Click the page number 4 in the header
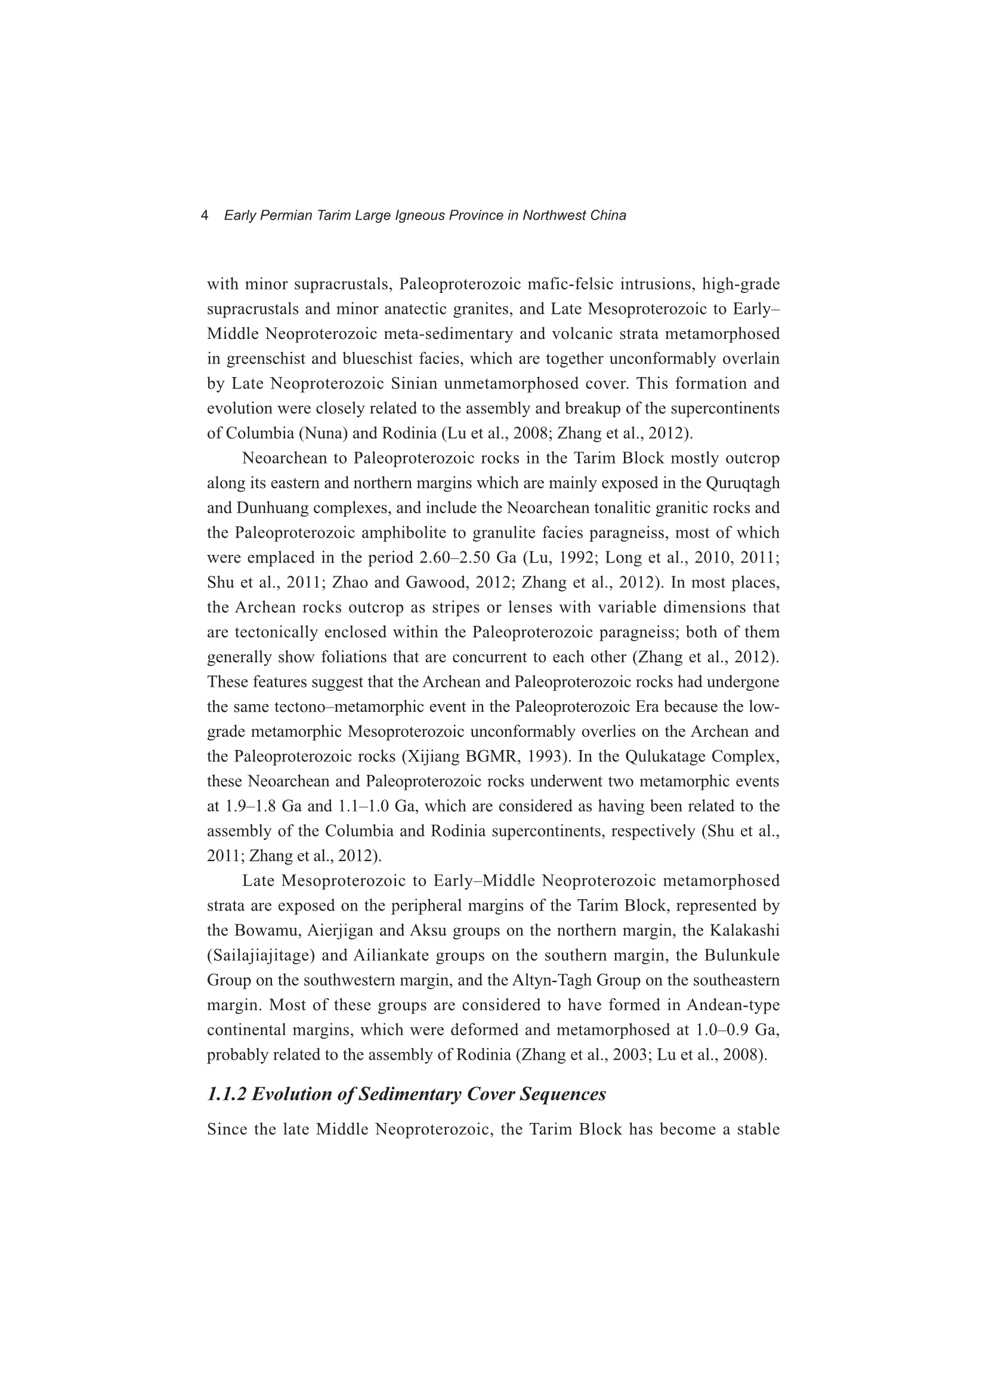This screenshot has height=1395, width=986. pos(205,215)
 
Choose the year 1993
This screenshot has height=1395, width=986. pos(551,757)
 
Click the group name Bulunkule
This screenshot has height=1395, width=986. pos(742,956)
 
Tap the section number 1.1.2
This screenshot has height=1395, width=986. pos(227,1094)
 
